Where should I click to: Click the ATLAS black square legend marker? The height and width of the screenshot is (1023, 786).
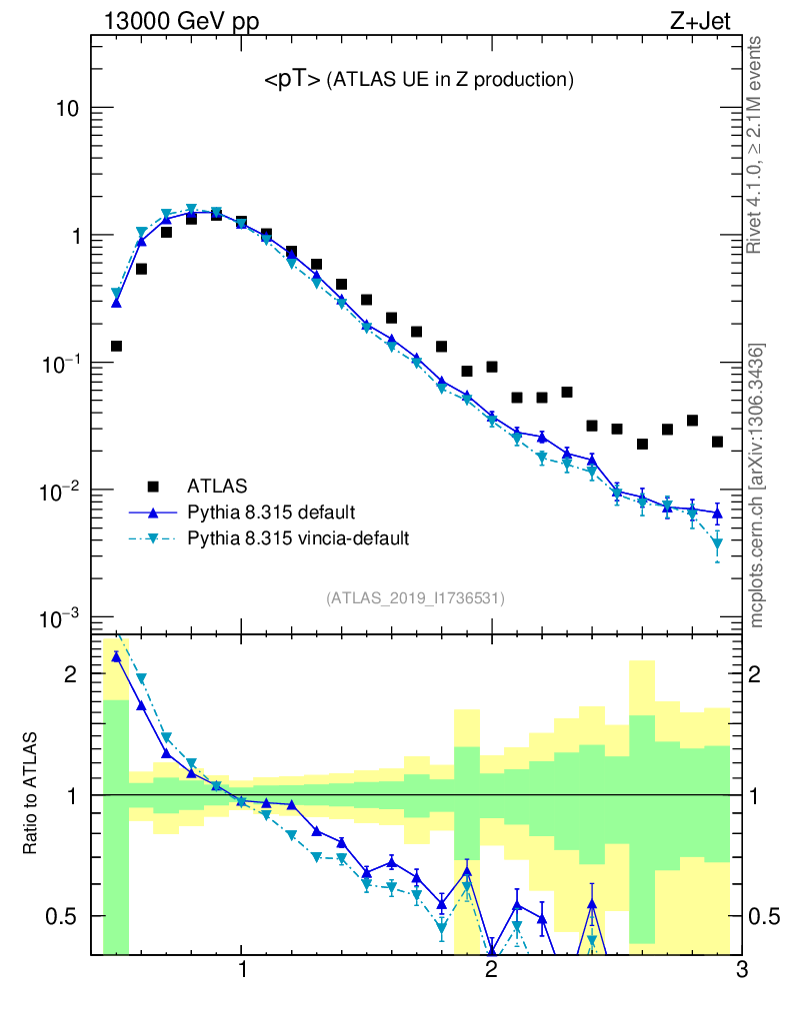click(153, 487)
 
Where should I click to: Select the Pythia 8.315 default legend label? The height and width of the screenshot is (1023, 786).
click(272, 512)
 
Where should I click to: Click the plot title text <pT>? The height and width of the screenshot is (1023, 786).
click(291, 81)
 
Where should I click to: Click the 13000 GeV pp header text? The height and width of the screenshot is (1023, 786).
click(180, 23)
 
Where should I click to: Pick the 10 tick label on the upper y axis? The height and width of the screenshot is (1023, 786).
click(66, 108)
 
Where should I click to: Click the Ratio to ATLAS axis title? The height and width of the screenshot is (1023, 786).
click(32, 795)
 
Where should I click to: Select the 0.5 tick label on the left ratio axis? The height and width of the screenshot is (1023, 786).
click(62, 916)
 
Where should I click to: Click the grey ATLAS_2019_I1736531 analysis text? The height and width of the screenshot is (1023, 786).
click(415, 598)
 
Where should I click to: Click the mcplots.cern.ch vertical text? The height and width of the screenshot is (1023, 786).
click(756, 485)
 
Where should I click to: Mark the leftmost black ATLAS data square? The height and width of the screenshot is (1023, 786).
click(116, 347)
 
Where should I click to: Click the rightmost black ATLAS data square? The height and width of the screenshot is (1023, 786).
click(717, 442)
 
